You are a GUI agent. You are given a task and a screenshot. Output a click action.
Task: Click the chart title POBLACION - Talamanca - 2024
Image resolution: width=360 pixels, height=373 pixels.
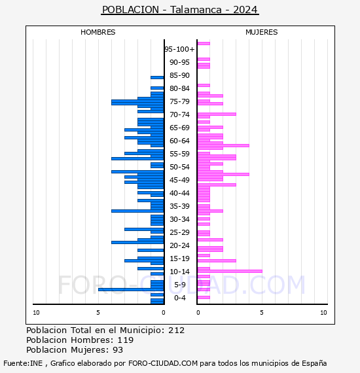pyautogui.click(x=180, y=10)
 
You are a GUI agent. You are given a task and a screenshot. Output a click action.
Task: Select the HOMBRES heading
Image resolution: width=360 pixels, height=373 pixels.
pyautogui.click(x=98, y=32)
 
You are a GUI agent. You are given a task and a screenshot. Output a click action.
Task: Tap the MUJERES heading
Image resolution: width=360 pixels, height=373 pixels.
pyautogui.click(x=262, y=32)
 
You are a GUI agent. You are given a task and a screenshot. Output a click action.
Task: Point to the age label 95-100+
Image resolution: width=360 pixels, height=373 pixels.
pyautogui.click(x=179, y=49)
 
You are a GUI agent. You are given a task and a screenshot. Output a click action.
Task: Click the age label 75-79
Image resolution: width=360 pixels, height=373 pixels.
pyautogui.click(x=179, y=101)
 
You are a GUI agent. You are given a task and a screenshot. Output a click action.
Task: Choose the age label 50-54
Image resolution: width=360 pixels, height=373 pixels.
pyautogui.click(x=179, y=167)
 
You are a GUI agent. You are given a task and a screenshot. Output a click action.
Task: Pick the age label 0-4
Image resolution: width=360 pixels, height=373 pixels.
pyautogui.click(x=179, y=298)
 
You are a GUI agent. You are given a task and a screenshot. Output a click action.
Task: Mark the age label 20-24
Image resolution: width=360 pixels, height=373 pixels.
pyautogui.click(x=179, y=245)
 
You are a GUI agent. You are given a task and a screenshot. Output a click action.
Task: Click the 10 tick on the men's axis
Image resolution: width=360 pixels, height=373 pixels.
pyautogui.click(x=36, y=313)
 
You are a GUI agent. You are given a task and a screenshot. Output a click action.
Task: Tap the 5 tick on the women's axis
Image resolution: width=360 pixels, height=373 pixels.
pyautogui.click(x=262, y=313)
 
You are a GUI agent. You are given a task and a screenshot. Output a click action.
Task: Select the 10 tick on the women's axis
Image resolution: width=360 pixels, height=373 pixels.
pyautogui.click(x=323, y=313)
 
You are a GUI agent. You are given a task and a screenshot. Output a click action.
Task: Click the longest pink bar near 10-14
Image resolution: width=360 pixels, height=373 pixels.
pyautogui.click(x=230, y=271)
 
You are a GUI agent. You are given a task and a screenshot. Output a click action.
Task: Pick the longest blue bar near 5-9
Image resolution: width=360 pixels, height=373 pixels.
pyautogui.click(x=131, y=289)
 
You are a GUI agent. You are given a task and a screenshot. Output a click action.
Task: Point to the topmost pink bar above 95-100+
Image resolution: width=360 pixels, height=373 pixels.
pyautogui.click(x=204, y=44)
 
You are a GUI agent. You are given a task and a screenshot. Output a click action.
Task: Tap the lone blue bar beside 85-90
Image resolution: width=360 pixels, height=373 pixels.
pyautogui.click(x=157, y=78)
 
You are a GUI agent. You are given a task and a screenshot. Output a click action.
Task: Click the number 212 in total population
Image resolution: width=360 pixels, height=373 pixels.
pyautogui.click(x=176, y=330)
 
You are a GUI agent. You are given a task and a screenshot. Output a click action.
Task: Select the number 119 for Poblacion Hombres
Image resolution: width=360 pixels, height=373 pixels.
pyautogui.click(x=126, y=340)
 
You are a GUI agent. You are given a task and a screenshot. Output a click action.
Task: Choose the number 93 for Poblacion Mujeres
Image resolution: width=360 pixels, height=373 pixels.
pyautogui.click(x=118, y=350)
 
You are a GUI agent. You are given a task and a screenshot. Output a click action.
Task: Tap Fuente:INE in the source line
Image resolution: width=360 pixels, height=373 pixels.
pyautogui.click(x=23, y=363)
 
